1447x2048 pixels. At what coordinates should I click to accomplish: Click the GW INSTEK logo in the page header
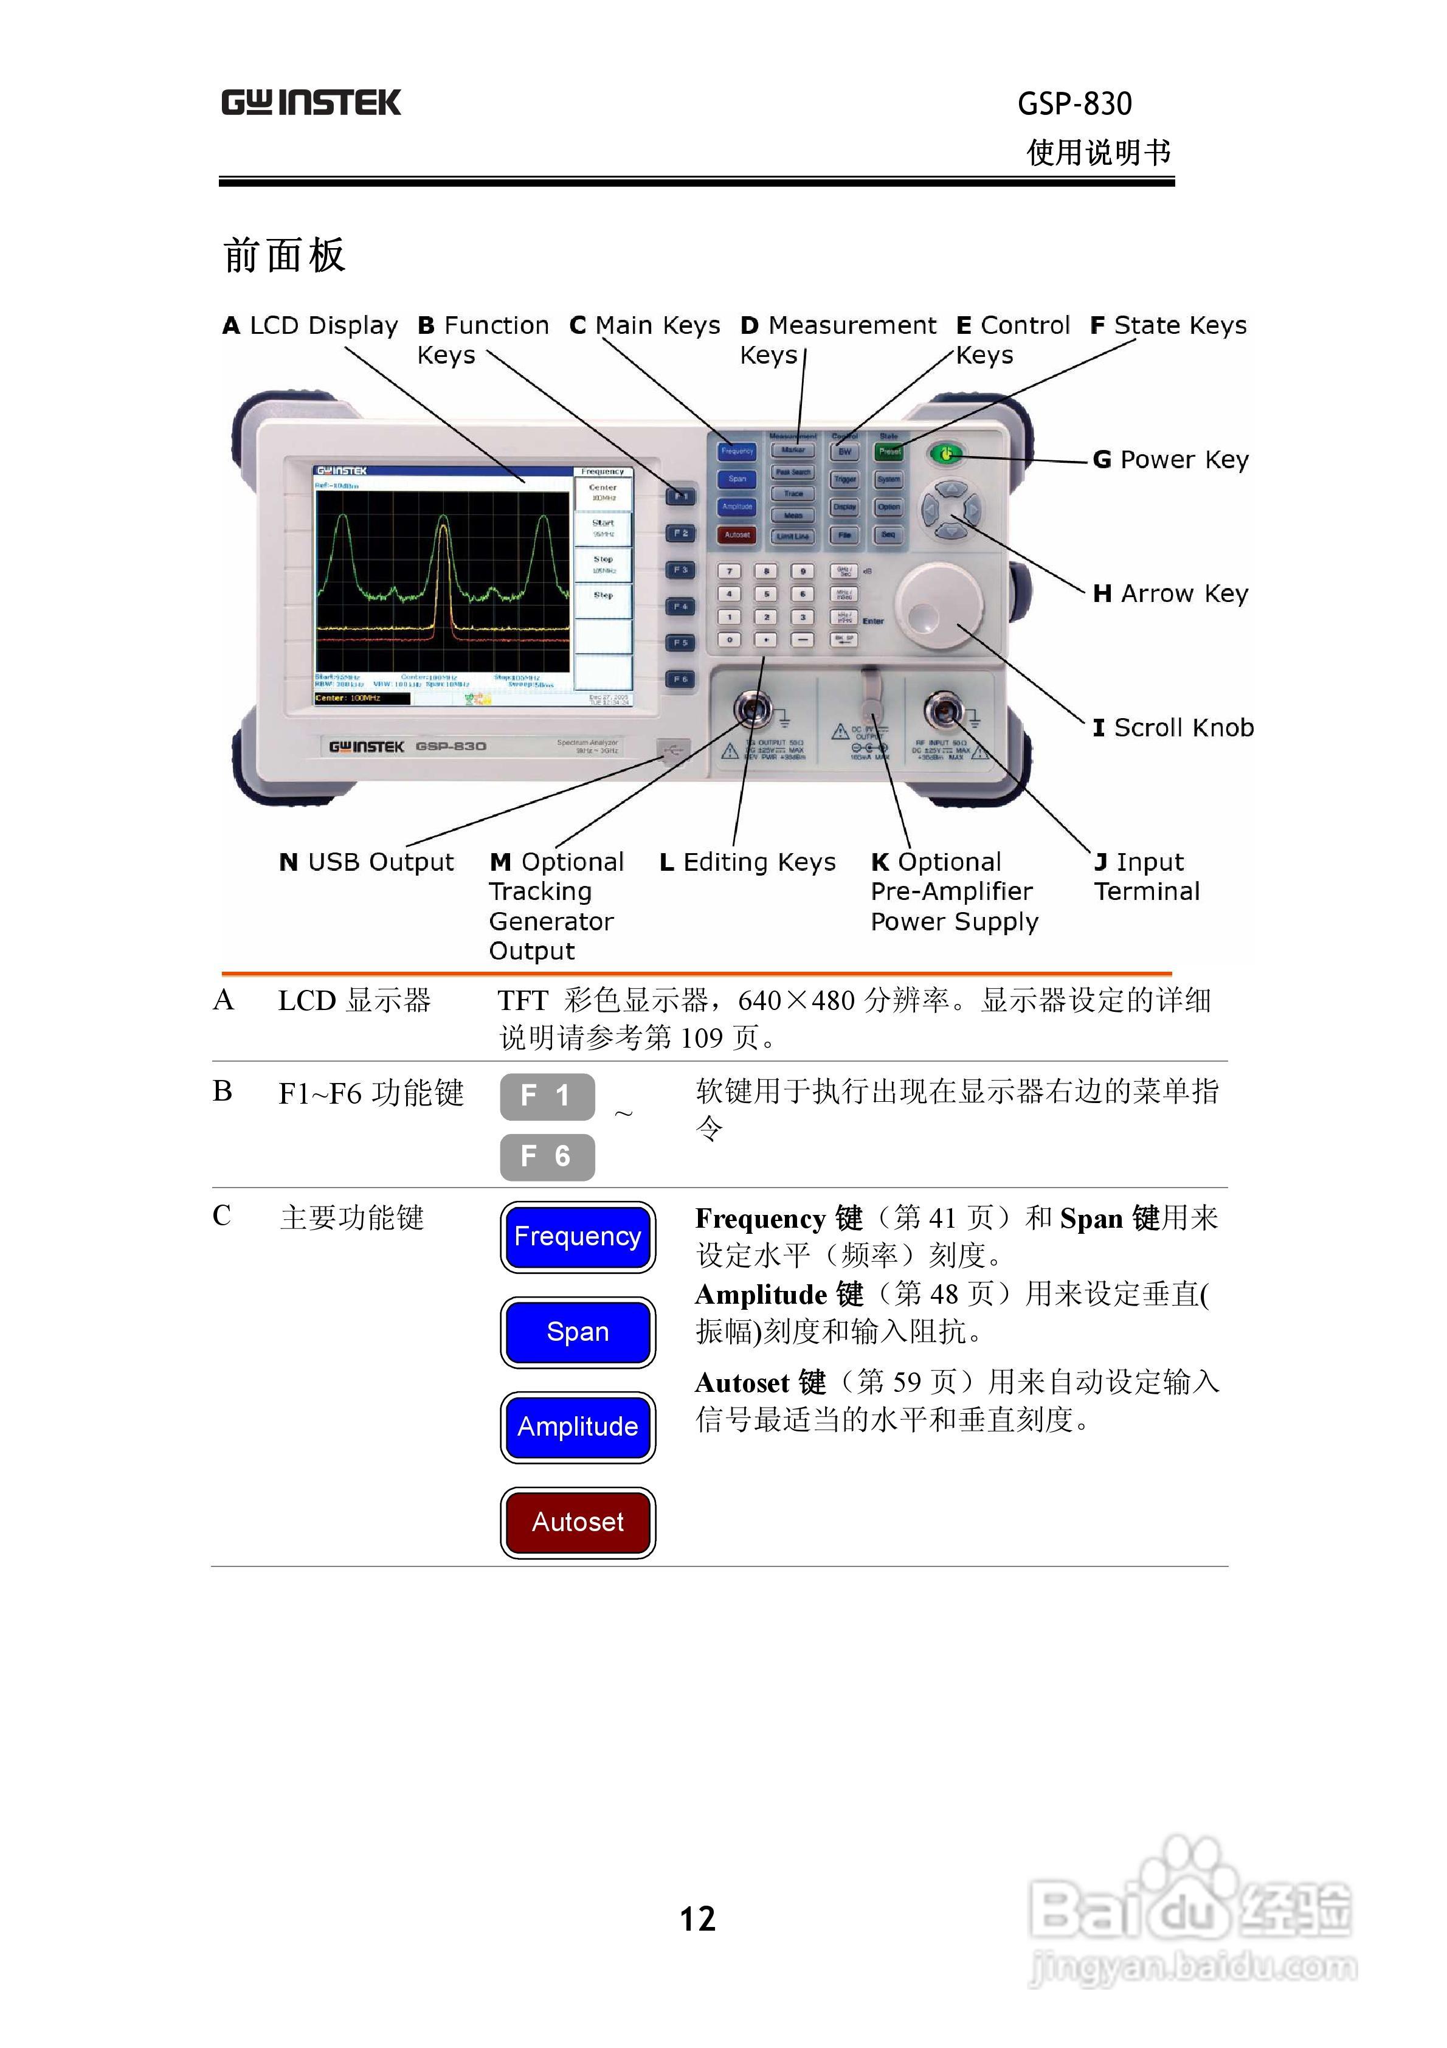click(311, 103)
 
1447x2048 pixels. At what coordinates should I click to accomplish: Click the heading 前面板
click(284, 256)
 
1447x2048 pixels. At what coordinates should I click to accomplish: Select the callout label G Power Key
click(1170, 460)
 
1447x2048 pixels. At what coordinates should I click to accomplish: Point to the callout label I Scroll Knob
click(1172, 728)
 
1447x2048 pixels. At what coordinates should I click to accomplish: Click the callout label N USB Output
click(366, 862)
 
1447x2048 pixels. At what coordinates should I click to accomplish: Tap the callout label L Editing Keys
click(747, 862)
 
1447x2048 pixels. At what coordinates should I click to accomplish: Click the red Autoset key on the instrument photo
click(737, 535)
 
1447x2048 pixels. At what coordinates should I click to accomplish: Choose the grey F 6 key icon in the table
click(547, 1157)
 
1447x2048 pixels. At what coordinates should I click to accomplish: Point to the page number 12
click(697, 1918)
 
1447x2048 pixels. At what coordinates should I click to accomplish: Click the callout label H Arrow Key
click(1170, 594)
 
